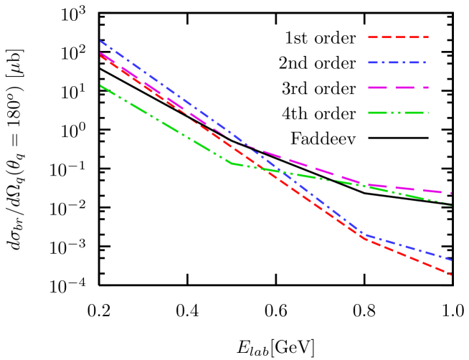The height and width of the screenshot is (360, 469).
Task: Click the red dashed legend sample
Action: click(x=398, y=37)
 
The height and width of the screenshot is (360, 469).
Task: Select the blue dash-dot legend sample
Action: click(x=398, y=62)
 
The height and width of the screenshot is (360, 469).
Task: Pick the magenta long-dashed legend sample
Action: click(x=398, y=87)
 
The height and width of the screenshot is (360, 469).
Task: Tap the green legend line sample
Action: click(x=398, y=113)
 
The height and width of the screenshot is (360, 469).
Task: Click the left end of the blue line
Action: click(x=100, y=41)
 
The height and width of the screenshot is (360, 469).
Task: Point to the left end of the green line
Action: click(x=100, y=85)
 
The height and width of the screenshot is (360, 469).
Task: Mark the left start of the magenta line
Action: click(x=100, y=52)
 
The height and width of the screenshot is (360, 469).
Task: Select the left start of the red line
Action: click(x=100, y=55)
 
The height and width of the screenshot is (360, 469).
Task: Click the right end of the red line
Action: click(x=452, y=275)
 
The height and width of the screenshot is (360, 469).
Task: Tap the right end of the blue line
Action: click(x=452, y=260)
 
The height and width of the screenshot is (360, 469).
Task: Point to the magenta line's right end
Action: click(x=452, y=194)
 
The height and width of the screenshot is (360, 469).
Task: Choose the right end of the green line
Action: click(x=452, y=206)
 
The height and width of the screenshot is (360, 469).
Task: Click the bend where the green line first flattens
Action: click(x=232, y=164)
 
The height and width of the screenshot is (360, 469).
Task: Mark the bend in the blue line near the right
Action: click(x=364, y=234)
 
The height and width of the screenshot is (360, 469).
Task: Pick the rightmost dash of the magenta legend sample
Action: click(x=423, y=87)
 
